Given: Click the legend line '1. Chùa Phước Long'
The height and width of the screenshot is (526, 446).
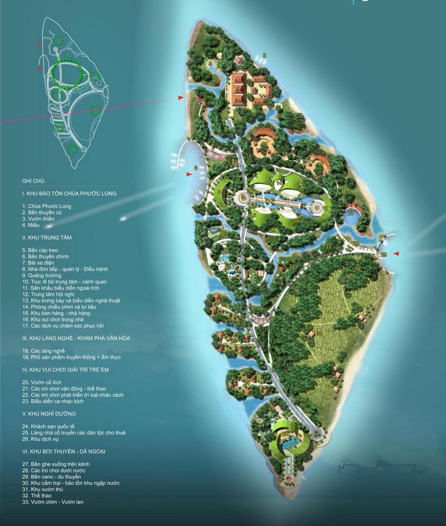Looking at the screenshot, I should coord(46,206).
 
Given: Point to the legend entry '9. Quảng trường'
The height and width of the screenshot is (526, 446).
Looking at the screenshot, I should coord(42,275).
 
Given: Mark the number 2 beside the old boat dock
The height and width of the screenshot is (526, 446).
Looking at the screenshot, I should coord(265,55).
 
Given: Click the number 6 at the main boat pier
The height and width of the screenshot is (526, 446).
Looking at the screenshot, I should coord(195,168).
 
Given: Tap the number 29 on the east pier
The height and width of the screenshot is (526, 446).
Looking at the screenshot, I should coord(383,254).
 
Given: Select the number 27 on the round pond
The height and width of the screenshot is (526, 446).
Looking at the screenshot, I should coord(351,213).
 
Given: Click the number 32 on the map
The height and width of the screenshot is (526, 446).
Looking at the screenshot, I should coord(358,269).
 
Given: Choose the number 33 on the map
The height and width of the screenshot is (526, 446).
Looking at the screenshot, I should coord(328,246).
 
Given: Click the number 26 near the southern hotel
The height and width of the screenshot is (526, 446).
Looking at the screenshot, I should coord(271,407).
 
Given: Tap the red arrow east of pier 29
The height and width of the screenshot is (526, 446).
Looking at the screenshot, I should coord(397,254).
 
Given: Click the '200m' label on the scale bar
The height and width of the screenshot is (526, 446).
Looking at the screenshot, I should coord(418,471).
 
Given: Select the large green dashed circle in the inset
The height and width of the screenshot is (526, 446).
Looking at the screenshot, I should coord(67,74).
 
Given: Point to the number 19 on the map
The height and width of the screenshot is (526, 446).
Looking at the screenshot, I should coord(285,153).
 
